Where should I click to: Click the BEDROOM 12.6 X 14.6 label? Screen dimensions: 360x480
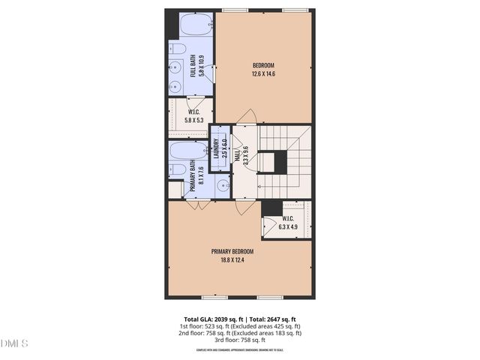pyautogui.click(x=264, y=69)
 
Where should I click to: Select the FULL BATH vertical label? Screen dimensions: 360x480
pyautogui.click(x=196, y=66)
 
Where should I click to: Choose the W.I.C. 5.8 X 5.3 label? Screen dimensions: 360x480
pyautogui.click(x=193, y=115)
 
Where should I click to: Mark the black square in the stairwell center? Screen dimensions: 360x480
pyautogui.click(x=280, y=162)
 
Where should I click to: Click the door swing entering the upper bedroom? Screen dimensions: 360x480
pyautogui.click(x=247, y=117)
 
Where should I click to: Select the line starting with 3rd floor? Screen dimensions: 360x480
pyautogui.click(x=239, y=340)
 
